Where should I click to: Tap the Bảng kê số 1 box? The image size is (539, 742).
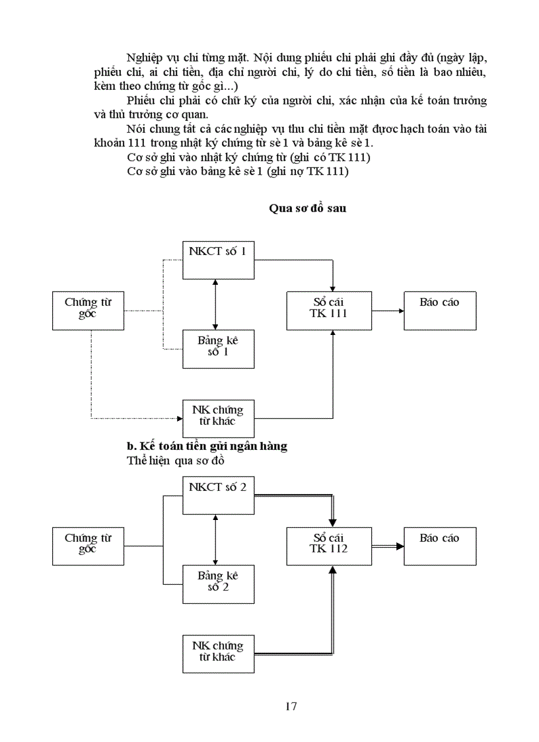[x=218, y=348]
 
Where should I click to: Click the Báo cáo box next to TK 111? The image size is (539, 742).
[x=439, y=310]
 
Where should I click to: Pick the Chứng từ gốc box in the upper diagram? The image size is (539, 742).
[x=88, y=310]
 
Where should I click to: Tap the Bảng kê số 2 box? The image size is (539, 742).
[x=218, y=584]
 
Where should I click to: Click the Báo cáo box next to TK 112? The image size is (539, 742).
[x=439, y=546]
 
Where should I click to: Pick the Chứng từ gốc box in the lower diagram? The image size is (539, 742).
[x=88, y=546]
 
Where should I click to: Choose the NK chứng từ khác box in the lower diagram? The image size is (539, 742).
[x=218, y=653]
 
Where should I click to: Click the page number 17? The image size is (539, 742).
[x=291, y=706]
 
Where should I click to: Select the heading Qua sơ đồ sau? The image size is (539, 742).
[x=307, y=208]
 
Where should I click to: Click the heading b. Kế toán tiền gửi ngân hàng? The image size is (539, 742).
[x=207, y=446]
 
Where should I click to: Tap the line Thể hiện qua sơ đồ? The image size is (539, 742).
[x=176, y=461]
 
